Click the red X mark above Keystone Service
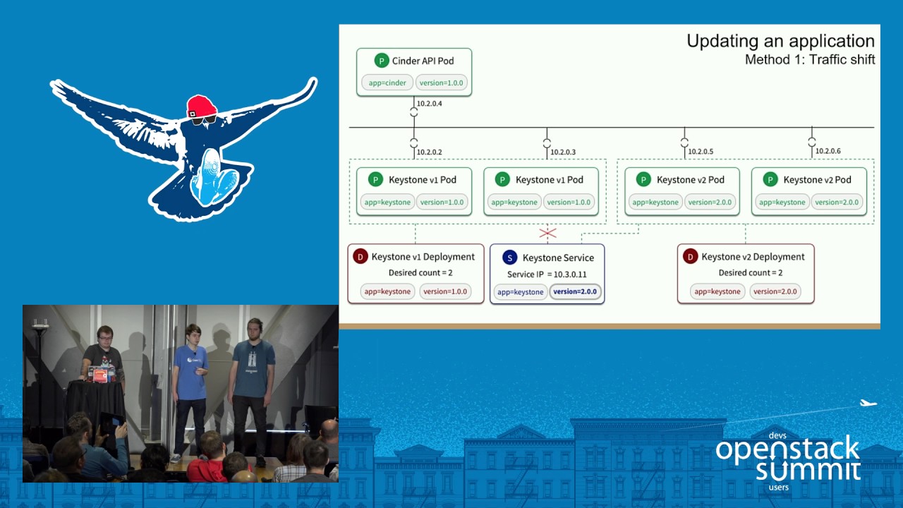coord(547,233)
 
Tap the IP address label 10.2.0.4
coord(429,104)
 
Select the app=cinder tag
coord(387,83)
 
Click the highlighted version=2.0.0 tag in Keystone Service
coord(575,291)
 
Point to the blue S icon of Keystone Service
coord(510,258)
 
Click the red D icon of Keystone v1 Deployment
coord(360,257)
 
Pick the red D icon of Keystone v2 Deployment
coord(690,257)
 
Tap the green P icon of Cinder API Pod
coord(382,61)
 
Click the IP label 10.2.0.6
coord(828,151)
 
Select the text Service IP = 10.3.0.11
coord(547,274)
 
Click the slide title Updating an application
coord(780,41)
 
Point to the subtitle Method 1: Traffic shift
coord(810,60)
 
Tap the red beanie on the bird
coord(202,107)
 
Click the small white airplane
coord(868,404)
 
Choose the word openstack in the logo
coord(787,450)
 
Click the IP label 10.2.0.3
coord(563,152)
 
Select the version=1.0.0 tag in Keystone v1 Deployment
coord(445,291)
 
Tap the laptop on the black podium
coord(101,374)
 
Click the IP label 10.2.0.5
coord(701,151)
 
